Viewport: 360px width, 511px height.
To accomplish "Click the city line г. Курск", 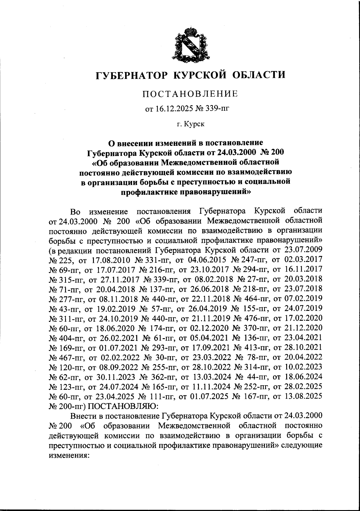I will pyautogui.click(x=190, y=124).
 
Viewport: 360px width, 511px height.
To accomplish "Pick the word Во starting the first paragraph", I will pyautogui.click(x=75, y=211).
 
